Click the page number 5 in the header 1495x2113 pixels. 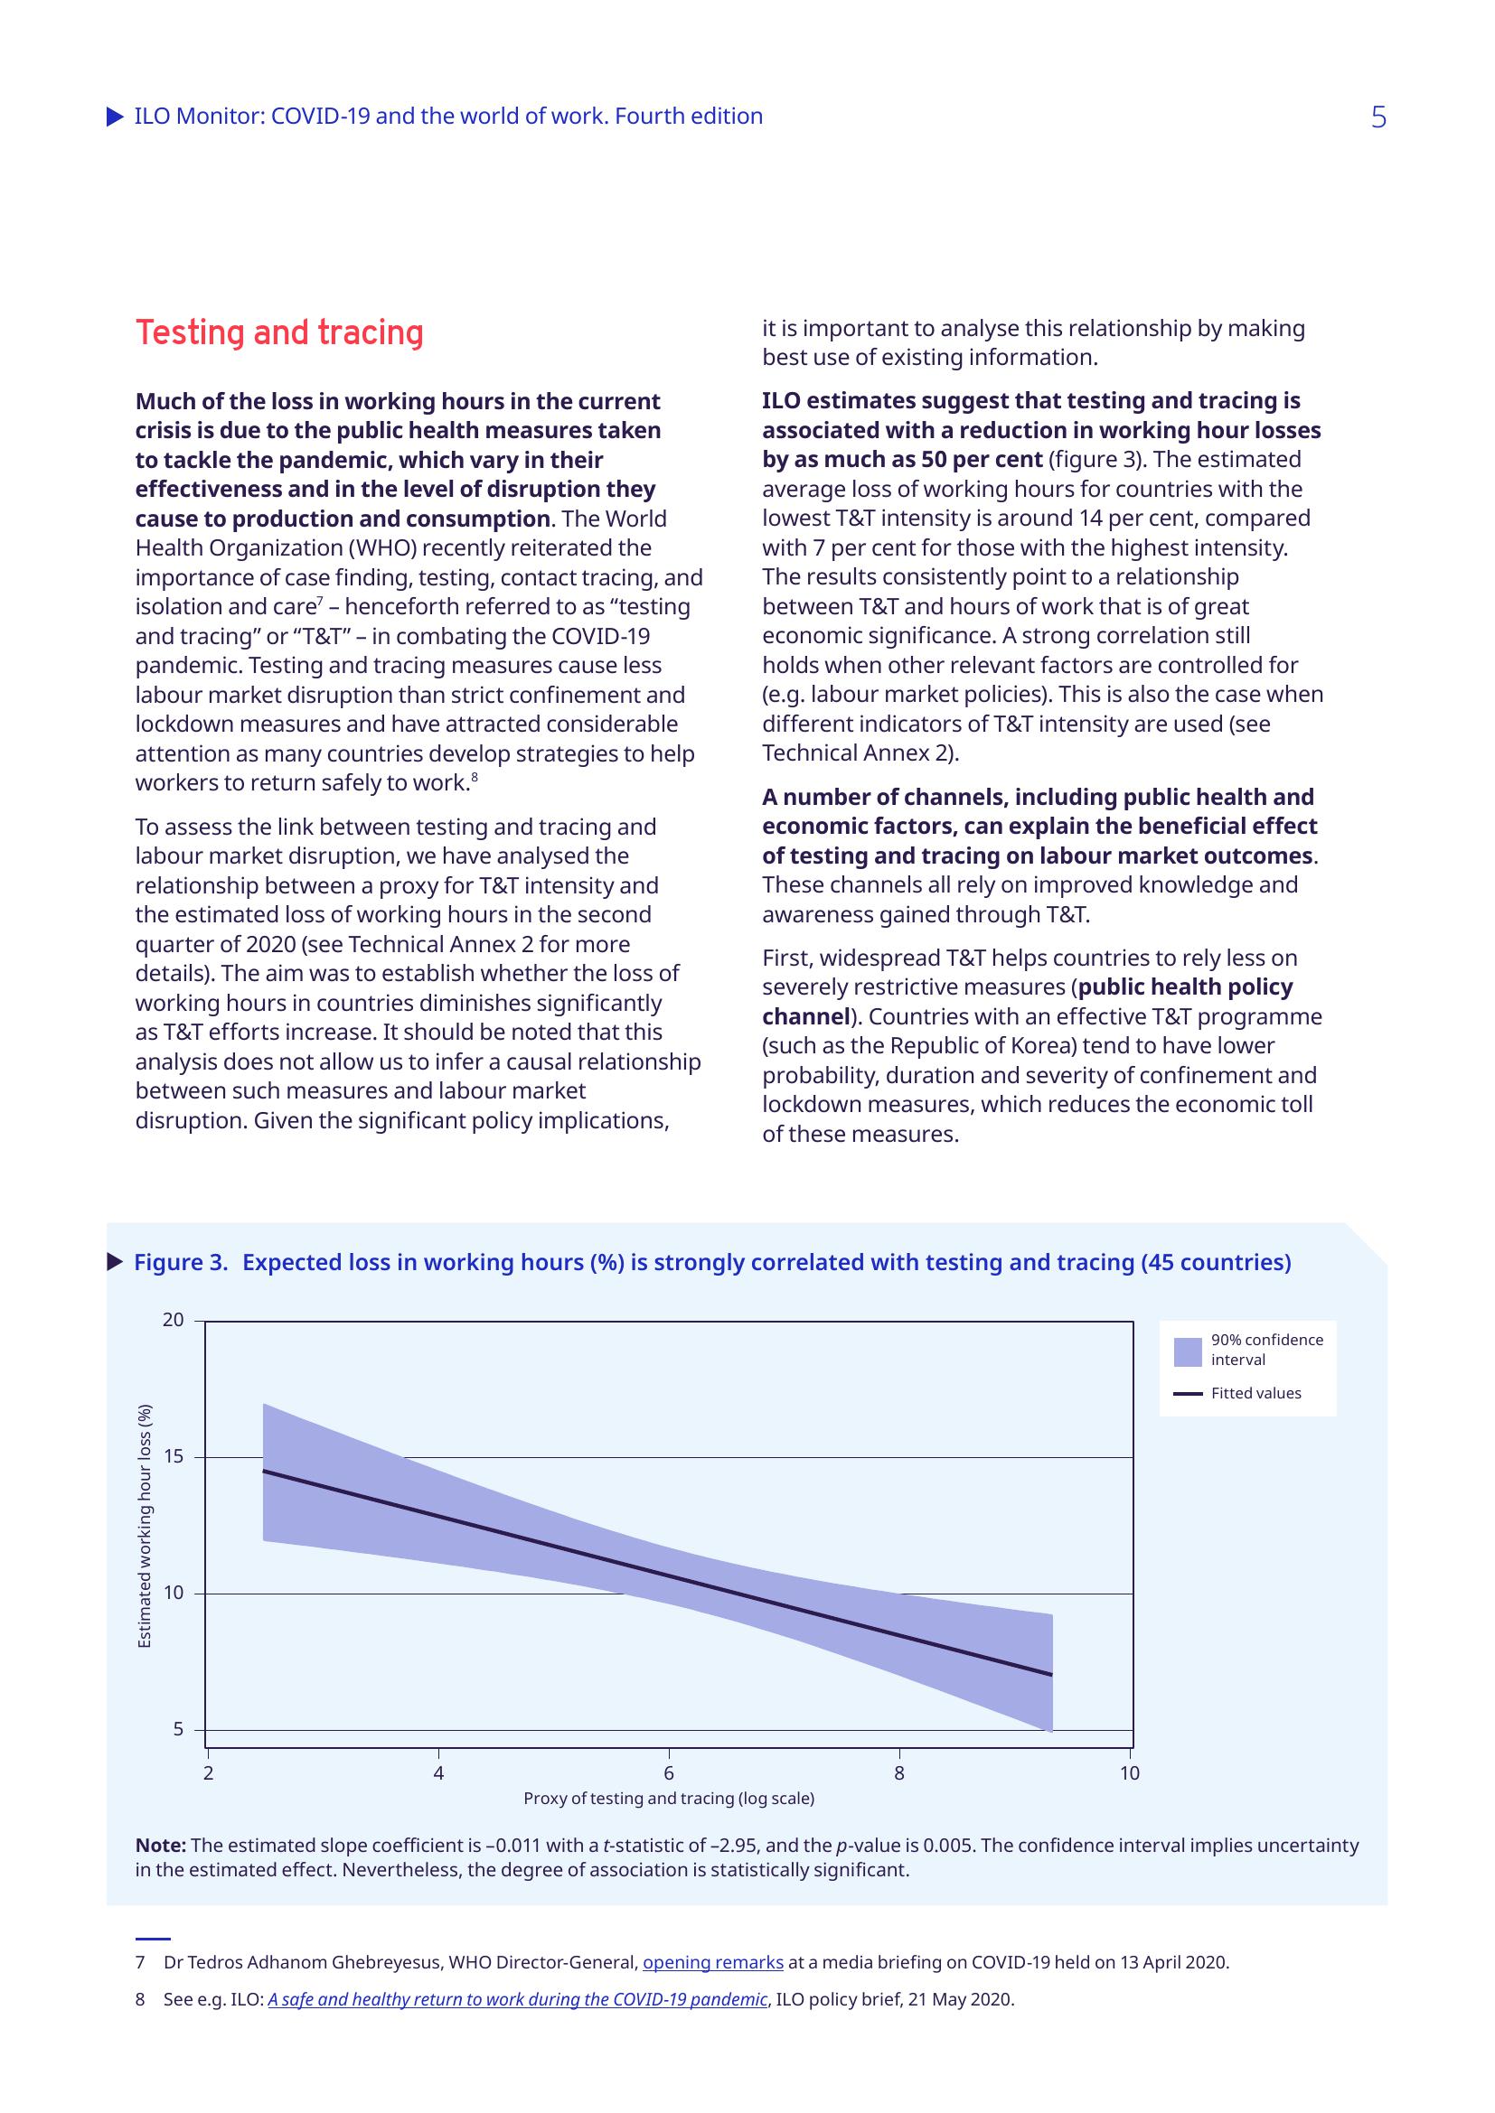click(x=1377, y=117)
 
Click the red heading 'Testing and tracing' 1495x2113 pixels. click(x=279, y=332)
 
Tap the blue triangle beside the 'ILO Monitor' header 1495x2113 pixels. click(x=115, y=117)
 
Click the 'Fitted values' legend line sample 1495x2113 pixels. click(x=1188, y=1393)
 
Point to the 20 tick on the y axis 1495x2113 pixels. click(x=173, y=1321)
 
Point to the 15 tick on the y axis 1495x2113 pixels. click(x=173, y=1457)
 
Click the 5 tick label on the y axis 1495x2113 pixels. click(x=178, y=1729)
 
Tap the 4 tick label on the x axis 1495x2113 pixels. click(x=438, y=1773)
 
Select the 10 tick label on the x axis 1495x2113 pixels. click(x=1130, y=1773)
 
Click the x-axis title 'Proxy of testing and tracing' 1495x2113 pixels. click(x=668, y=1799)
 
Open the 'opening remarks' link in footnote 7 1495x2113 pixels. click(x=712, y=1962)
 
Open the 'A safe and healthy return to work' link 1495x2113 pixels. click(x=517, y=2000)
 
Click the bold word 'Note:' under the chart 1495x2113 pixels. click(x=161, y=1846)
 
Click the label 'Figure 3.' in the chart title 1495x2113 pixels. click(x=181, y=1262)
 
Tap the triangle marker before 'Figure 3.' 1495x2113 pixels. click(x=115, y=1262)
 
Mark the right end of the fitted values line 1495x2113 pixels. click(x=1051, y=1674)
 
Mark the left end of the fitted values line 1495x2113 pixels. click(x=264, y=1471)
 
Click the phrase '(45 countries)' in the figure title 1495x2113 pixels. click(x=1215, y=1262)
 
